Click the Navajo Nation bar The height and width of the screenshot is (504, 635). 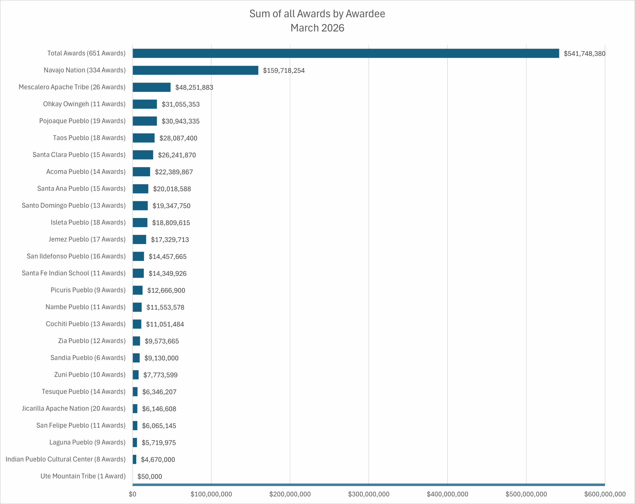195,70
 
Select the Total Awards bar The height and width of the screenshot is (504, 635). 346,53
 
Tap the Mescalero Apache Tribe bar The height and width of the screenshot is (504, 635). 151,87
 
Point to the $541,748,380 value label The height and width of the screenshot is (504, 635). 584,54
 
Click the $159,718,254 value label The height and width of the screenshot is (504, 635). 284,71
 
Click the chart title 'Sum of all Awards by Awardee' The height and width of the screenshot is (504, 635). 317,14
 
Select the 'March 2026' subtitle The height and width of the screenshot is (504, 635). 317,28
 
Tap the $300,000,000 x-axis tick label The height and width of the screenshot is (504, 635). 368,494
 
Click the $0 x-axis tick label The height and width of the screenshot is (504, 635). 132,494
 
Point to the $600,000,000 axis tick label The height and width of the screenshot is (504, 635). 605,494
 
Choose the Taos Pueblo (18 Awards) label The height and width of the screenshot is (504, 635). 89,138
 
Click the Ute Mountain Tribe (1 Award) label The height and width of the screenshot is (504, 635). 83,476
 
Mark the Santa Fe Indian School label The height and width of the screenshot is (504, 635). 74,273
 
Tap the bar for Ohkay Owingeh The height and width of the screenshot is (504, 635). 145,104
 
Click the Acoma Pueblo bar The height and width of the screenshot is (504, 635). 141,172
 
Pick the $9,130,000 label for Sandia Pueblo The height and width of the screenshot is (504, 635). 161,358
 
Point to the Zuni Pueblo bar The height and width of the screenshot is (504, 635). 135,375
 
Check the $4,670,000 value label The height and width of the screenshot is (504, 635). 158,460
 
